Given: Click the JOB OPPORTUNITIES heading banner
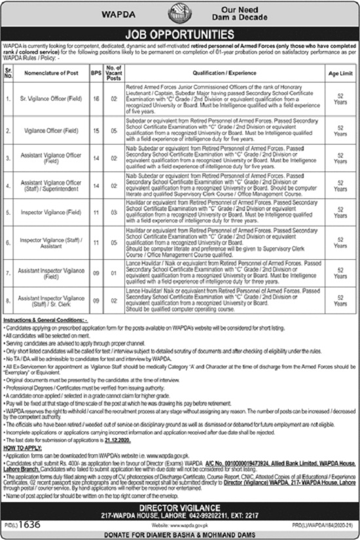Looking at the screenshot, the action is [180, 31].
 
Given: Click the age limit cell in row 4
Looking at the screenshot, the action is [340, 186].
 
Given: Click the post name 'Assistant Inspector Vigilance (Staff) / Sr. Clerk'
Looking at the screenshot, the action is [51, 300].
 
